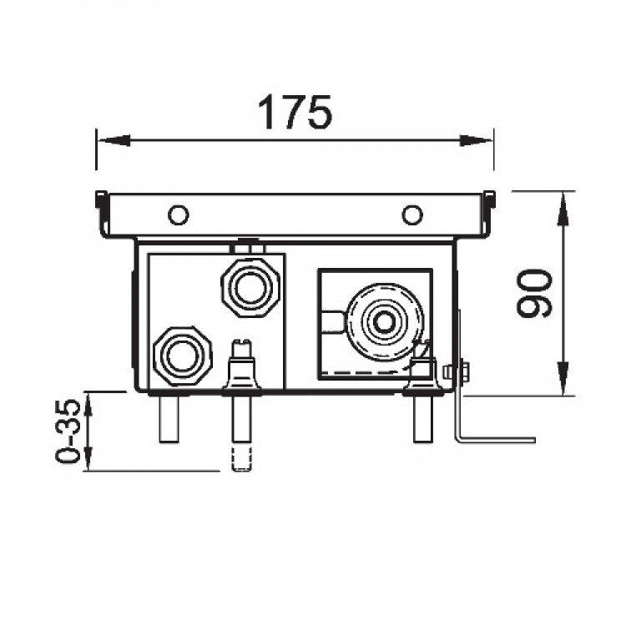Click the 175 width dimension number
295,113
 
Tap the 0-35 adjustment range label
68,431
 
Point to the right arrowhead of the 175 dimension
477,140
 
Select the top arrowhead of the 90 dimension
563,209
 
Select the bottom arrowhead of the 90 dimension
563,378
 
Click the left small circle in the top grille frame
179,215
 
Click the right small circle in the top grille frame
412,215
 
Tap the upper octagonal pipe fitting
250,288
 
